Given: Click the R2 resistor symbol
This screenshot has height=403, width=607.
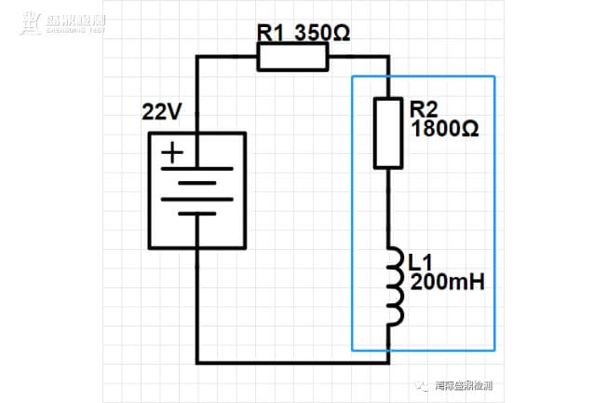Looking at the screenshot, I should point(388,133).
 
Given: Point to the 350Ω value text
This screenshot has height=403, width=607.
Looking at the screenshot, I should point(322,33).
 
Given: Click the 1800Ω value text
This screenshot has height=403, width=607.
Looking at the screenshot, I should point(444,130).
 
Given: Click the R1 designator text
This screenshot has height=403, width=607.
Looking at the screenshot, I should point(272,33).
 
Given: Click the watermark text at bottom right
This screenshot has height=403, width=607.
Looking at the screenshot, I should point(462,384).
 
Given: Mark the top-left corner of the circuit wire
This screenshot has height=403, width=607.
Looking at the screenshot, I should point(196,58).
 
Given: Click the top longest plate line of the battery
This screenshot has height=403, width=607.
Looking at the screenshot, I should point(196,169).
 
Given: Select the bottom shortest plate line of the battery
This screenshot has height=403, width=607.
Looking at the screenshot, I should point(196,214).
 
